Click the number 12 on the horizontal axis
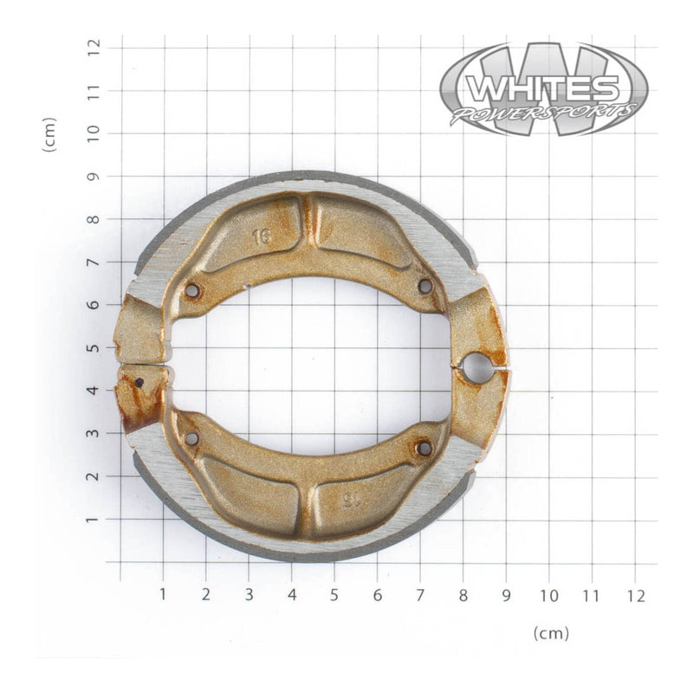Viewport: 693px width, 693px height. [635, 595]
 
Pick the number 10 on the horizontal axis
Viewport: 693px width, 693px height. [548, 595]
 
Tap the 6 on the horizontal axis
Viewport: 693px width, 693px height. [378, 595]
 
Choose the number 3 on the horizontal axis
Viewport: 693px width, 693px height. [249, 595]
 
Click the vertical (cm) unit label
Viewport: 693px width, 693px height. [49, 135]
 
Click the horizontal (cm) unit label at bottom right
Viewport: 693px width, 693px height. [552, 633]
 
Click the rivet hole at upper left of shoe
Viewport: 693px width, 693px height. [192, 290]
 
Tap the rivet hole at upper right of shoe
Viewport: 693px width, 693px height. [424, 285]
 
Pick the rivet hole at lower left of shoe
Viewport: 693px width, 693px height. [192, 439]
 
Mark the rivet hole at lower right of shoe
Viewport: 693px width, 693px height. [424, 448]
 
